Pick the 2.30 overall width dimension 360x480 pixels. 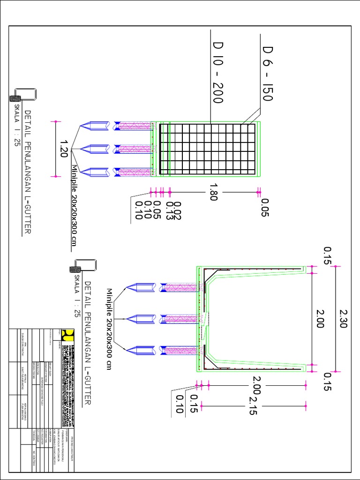pyautogui.click(x=344, y=318)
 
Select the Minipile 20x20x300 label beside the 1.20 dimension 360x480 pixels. pyautogui.click(x=74, y=205)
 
